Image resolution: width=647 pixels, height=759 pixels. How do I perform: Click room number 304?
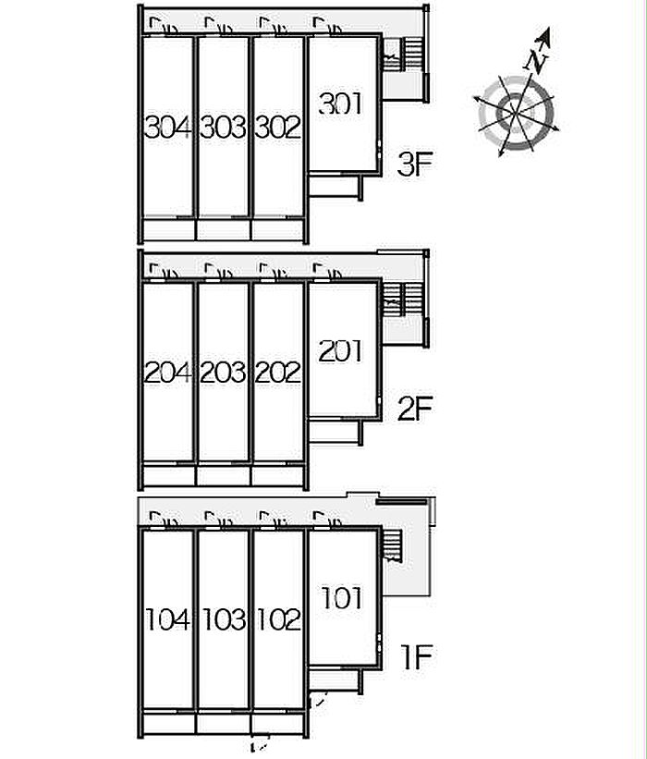pos(168,128)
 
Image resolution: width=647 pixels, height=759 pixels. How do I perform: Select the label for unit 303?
pos(223,128)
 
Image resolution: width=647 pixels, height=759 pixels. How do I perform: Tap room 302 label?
pos(278,128)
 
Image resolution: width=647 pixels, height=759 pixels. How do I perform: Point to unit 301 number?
pos(340,104)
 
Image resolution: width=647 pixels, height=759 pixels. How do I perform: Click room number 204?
pos(168,373)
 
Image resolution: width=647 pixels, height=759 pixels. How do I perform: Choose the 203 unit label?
pos(223,373)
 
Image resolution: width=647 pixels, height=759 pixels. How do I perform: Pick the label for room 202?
pos(278,373)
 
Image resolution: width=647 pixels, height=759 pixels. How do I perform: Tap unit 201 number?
pos(340,351)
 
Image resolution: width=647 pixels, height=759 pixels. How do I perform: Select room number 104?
pos(168,619)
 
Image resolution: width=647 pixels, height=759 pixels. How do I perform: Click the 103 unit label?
pos(224,619)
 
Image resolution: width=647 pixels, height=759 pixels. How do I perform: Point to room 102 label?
pos(279,619)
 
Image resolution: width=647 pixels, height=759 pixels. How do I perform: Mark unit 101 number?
pos(342,598)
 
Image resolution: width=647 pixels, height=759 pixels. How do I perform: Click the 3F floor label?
pos(415,164)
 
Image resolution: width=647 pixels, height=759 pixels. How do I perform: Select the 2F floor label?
pos(415,409)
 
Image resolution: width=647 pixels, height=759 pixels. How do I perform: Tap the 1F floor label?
pos(417,657)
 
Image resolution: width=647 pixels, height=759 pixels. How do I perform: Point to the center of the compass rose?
pos(515,115)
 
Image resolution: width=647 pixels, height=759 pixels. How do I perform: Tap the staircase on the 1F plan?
pos(393,545)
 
